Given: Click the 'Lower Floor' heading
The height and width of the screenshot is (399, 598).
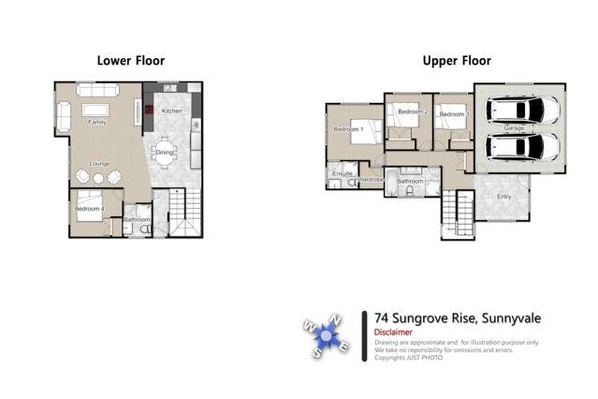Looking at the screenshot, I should coord(131,61).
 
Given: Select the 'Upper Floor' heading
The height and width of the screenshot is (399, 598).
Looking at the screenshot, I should coord(457,61).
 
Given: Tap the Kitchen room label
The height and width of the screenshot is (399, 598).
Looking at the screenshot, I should coord(171,111).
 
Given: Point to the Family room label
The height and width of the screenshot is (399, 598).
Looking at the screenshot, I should coord(96,123).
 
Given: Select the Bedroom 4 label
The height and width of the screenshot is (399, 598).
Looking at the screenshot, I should coord(90,209).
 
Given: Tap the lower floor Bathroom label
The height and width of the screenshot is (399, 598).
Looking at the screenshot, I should coord(138,220).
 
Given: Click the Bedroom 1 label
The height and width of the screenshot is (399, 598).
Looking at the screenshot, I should coord(350,131).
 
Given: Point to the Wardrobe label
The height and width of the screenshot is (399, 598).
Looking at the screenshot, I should coord(371,179).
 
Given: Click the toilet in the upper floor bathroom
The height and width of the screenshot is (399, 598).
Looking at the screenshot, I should coord(412,191).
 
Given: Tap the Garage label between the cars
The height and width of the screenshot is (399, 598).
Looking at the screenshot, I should coord(514,127).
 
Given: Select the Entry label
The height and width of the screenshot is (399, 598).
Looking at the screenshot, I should coord(503,197).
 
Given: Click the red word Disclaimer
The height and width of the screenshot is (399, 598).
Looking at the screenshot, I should coord(393,332).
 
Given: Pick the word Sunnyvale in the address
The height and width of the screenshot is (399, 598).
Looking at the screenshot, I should coord(511,318).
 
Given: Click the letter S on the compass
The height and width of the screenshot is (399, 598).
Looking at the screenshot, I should coord(316,355).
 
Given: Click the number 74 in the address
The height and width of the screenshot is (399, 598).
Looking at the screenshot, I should coord(381,318).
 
